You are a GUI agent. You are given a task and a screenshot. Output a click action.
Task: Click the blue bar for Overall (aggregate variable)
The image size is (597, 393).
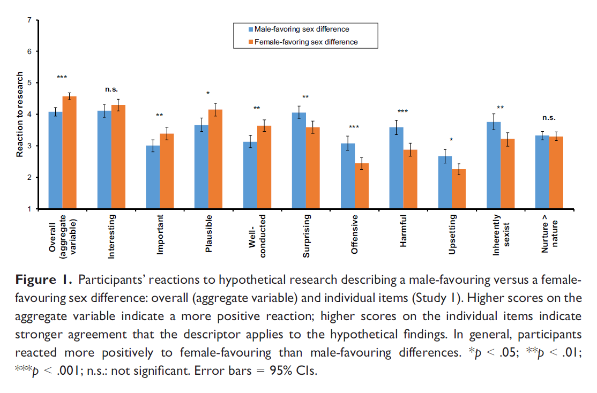coord(55,161)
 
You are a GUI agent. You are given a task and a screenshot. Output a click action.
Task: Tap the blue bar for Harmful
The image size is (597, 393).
coord(396,168)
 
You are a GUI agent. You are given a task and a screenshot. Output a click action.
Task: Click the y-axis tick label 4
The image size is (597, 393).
coord(29,114)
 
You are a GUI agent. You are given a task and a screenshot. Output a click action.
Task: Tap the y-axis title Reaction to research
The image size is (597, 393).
coord(19,115)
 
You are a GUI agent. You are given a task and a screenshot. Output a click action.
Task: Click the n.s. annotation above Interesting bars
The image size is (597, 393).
coord(111,89)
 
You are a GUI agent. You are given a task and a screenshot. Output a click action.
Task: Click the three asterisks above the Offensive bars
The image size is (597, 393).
coord(354,127)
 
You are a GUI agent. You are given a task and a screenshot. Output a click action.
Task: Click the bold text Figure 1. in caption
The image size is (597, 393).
coord(44,280)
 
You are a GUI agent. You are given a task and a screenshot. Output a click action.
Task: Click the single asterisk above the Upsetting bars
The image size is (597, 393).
coord(451,140)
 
